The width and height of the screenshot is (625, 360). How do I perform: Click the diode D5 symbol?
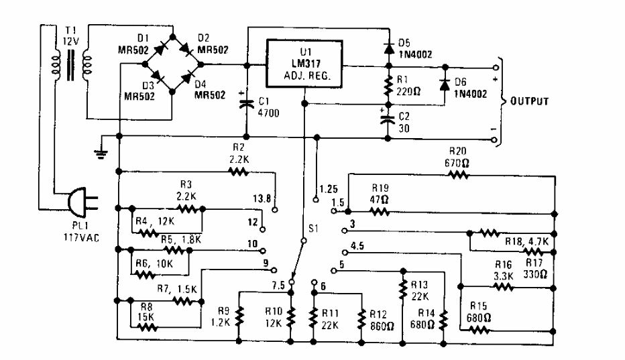tap(388, 48)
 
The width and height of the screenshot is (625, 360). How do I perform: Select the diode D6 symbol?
tap(443, 85)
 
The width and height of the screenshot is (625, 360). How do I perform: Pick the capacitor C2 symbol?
tap(388, 121)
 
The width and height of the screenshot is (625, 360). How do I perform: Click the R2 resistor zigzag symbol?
tap(239, 171)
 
